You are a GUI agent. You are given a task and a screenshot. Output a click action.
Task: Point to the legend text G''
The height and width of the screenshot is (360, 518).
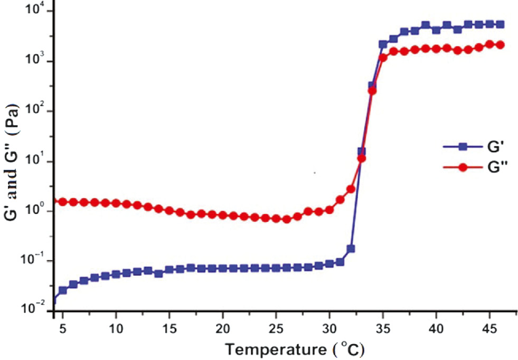pyautogui.click(x=498, y=167)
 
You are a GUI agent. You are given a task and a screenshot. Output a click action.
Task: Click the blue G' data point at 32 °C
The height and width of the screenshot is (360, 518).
pyautogui.click(x=351, y=249)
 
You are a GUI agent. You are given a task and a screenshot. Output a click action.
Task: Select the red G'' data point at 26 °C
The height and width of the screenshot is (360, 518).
pyautogui.click(x=287, y=219)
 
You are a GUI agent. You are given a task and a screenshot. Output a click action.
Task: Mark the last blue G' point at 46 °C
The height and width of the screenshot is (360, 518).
pyautogui.click(x=500, y=24)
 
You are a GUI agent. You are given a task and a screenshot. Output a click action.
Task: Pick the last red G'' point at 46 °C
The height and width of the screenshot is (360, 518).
pyautogui.click(x=500, y=45)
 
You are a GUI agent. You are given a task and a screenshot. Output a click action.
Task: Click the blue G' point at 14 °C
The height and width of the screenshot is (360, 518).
pyautogui.click(x=158, y=273)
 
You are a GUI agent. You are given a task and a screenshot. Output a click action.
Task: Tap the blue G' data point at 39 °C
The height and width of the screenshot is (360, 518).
pyautogui.click(x=426, y=25)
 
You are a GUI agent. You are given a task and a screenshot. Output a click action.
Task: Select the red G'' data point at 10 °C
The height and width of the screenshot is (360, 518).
pyautogui.click(x=116, y=203)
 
